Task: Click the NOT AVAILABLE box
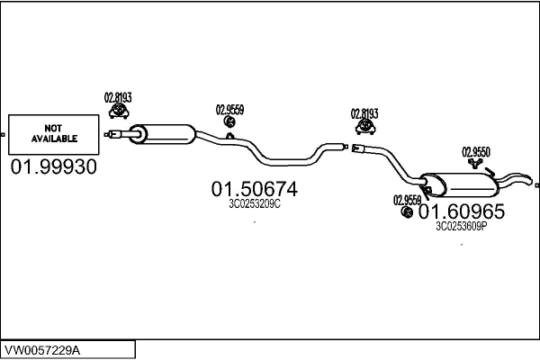[53, 134]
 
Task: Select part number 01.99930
[53, 167]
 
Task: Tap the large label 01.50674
[254, 189]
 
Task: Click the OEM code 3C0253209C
[254, 203]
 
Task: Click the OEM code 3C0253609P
[461, 227]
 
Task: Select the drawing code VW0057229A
[54, 348]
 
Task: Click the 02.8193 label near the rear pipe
[364, 113]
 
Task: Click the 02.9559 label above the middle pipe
[229, 109]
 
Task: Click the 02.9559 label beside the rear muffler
[407, 199]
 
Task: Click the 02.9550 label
[476, 151]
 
